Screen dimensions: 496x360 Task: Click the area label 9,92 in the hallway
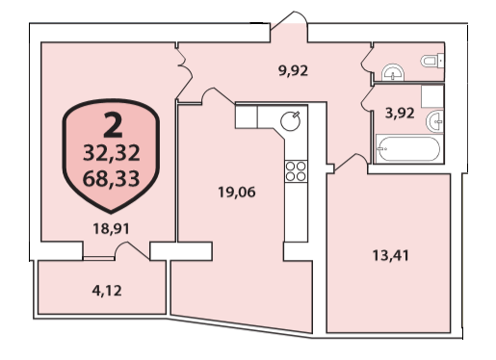293,70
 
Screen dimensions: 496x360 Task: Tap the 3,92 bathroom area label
400,113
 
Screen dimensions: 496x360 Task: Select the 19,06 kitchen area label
237,193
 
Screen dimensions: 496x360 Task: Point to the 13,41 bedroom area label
391,256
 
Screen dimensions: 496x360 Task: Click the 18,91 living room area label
112,229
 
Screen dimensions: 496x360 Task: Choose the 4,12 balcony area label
107,291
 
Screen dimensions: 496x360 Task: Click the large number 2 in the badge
113,125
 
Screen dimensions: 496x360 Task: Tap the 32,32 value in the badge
112,153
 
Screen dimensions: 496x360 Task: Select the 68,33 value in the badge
111,178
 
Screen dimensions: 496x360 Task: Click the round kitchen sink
290,121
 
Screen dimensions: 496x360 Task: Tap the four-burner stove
296,171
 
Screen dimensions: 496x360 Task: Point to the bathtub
409,149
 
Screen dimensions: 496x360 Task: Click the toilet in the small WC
432,61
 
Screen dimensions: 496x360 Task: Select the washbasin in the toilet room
393,72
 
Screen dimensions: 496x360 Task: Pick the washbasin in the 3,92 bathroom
435,121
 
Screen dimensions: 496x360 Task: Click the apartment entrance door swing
289,20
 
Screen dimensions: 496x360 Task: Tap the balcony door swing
132,250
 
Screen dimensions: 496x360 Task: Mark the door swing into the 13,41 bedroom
352,163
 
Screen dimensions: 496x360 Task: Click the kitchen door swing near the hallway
218,95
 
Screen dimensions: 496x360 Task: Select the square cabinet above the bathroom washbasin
432,96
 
